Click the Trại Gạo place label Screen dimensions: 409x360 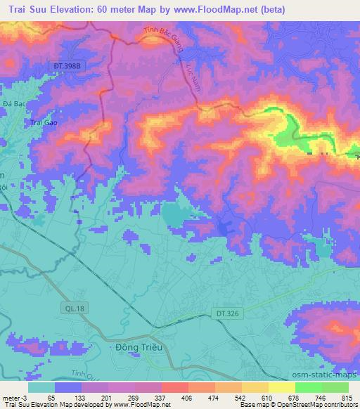[x=43, y=123]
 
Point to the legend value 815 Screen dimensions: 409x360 [x=346, y=398]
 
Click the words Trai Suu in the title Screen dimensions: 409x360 [x=27, y=9]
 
